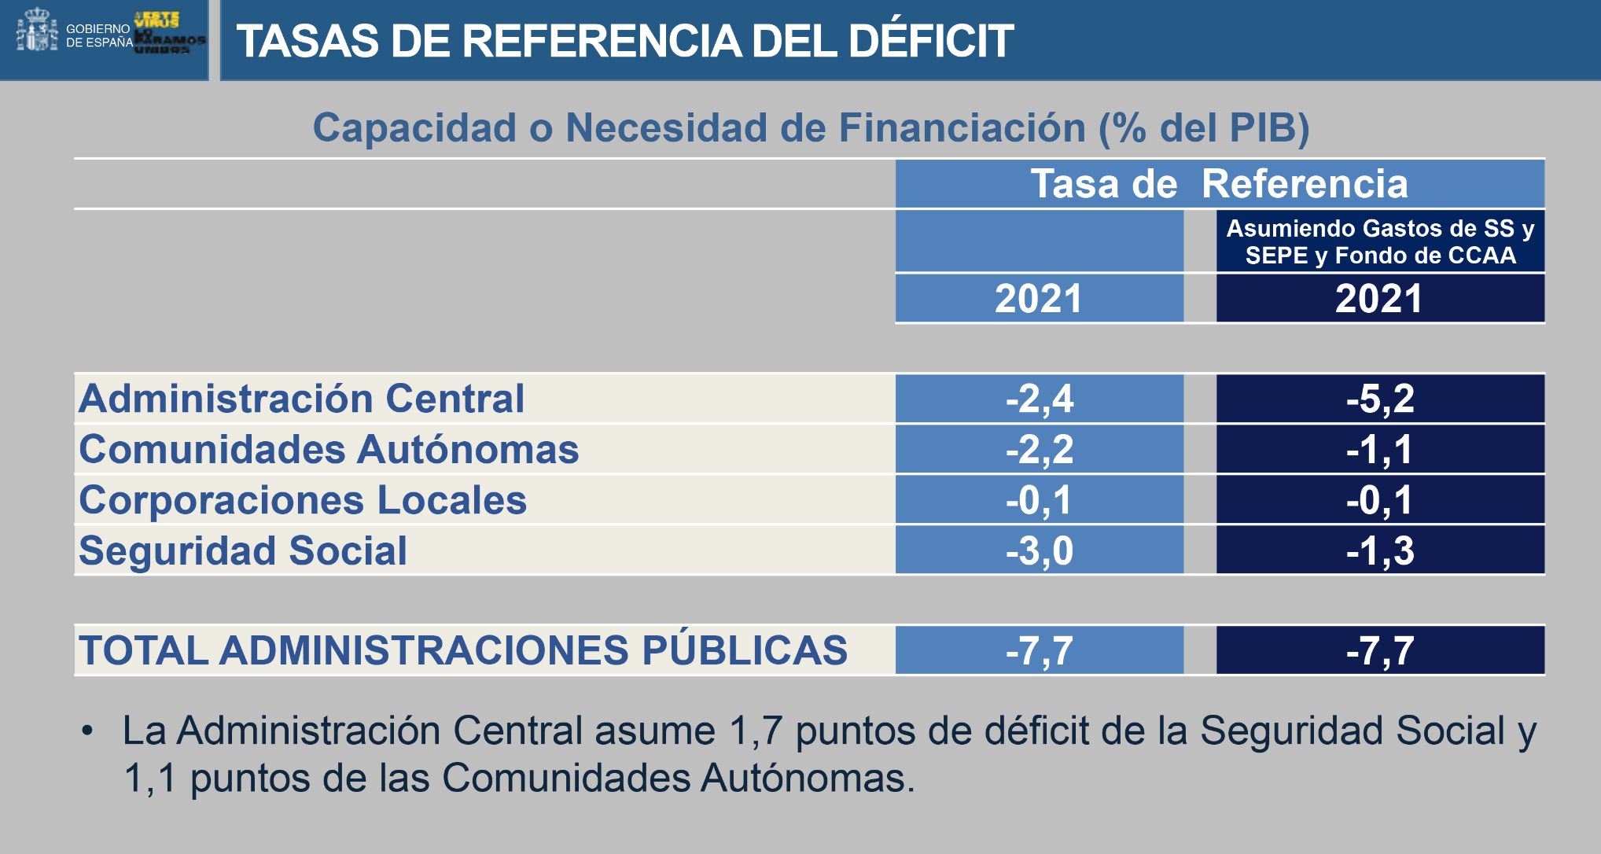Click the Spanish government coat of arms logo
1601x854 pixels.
pyautogui.click(x=37, y=31)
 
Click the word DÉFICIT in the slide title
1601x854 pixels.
pyautogui.click(x=931, y=41)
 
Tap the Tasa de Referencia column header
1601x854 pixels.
pyautogui.click(x=1219, y=184)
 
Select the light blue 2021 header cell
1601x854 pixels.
pyautogui.click(x=1039, y=299)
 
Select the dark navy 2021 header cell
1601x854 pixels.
pyautogui.click(x=1379, y=299)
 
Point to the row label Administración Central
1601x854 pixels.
pyautogui.click(x=301, y=399)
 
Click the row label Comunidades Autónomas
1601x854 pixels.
pyautogui.click(x=329, y=450)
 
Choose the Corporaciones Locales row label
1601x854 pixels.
pyautogui.click(x=303, y=500)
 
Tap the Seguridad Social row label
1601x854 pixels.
pyautogui.click(x=243, y=550)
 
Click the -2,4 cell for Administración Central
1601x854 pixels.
pyautogui.click(x=1039, y=399)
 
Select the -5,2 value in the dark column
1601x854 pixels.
pyautogui.click(x=1379, y=399)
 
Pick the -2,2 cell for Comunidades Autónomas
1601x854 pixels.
pyautogui.click(x=1039, y=450)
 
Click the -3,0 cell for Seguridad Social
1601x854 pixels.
pyautogui.click(x=1039, y=550)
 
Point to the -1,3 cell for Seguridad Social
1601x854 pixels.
pyautogui.click(x=1379, y=550)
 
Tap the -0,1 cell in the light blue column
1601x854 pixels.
pyautogui.click(x=1039, y=500)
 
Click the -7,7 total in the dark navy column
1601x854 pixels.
pyautogui.click(x=1379, y=651)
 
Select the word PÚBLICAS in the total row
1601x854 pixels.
pyautogui.click(x=745, y=650)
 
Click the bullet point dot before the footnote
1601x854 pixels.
pyautogui.click(x=87, y=732)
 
